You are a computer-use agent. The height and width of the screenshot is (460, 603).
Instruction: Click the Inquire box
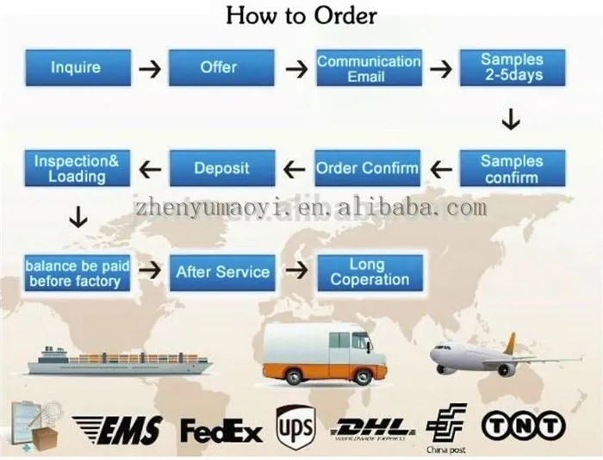pyautogui.click(x=76, y=68)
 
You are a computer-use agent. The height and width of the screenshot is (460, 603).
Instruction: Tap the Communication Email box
pyautogui.click(x=368, y=68)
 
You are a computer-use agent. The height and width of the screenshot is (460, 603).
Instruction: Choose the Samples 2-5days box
pyautogui.click(x=512, y=68)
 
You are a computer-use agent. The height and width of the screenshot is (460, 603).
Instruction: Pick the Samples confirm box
pyautogui.click(x=512, y=169)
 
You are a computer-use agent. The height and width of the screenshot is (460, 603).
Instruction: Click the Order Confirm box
pyautogui.click(x=368, y=168)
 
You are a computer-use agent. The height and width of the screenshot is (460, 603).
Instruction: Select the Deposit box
pyautogui.click(x=221, y=168)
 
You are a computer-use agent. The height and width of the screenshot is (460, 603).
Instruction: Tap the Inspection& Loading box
pyautogui.click(x=77, y=168)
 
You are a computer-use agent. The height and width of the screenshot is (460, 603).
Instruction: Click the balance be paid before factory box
pyautogui.click(x=77, y=272)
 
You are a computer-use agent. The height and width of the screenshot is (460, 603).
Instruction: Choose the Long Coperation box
pyautogui.click(x=369, y=271)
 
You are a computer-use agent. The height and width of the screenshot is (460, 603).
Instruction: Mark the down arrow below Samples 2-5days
pyautogui.click(x=511, y=120)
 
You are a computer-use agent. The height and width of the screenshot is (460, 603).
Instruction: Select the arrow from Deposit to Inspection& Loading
pyautogui.click(x=151, y=169)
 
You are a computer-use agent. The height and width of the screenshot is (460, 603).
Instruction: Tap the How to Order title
pyautogui.click(x=301, y=16)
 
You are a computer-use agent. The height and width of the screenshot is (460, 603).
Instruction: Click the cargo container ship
pyautogui.click(x=121, y=360)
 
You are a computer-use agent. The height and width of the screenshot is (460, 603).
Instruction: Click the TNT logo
pyautogui.click(x=523, y=425)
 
